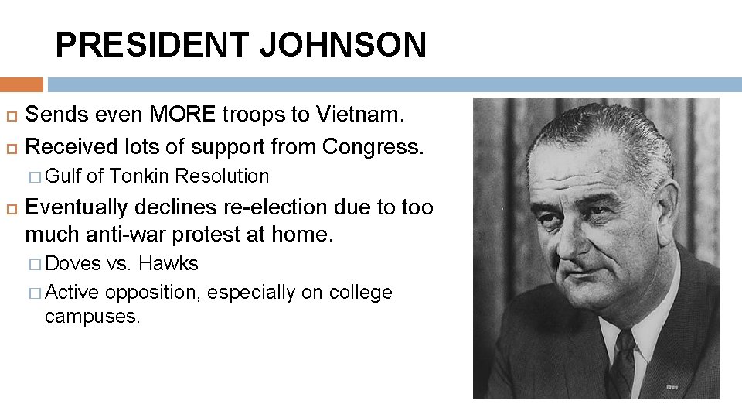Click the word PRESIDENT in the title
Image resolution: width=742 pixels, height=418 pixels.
pos(152,45)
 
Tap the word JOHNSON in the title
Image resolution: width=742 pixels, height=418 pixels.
pos(342,45)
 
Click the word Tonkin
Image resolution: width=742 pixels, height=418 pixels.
pos(139,176)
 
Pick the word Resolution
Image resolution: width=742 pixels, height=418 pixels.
pos(222,176)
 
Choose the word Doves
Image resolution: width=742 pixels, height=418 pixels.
pos(73,264)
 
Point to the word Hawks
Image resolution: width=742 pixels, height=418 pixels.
pos(168,264)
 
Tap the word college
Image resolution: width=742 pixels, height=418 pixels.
pos(360,293)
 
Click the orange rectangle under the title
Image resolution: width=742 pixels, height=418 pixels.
pos(21,84)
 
